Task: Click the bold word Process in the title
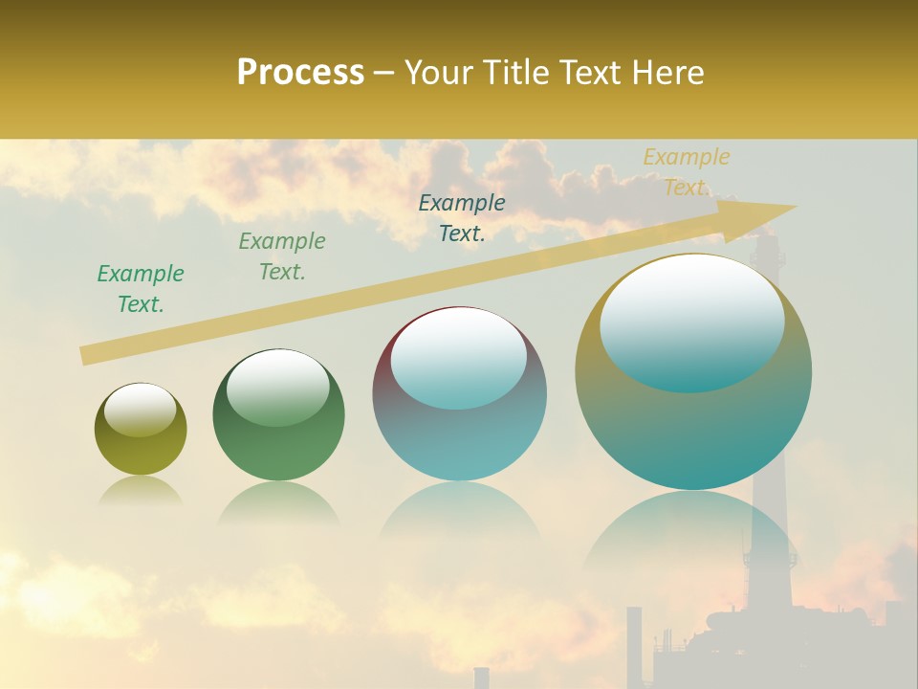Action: pos(300,73)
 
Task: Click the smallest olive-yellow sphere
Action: pos(141,430)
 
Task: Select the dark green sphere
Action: pos(278,415)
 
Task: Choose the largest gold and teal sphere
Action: pos(693,372)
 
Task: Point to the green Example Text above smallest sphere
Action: pos(141,289)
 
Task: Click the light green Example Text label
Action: pos(282,256)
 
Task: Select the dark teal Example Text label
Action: pos(462,218)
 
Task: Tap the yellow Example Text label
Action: pos(686,172)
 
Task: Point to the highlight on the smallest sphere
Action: pos(140,411)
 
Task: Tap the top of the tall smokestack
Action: pos(767,239)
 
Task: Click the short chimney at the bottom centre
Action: pos(481,677)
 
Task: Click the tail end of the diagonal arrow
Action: pos(84,356)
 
